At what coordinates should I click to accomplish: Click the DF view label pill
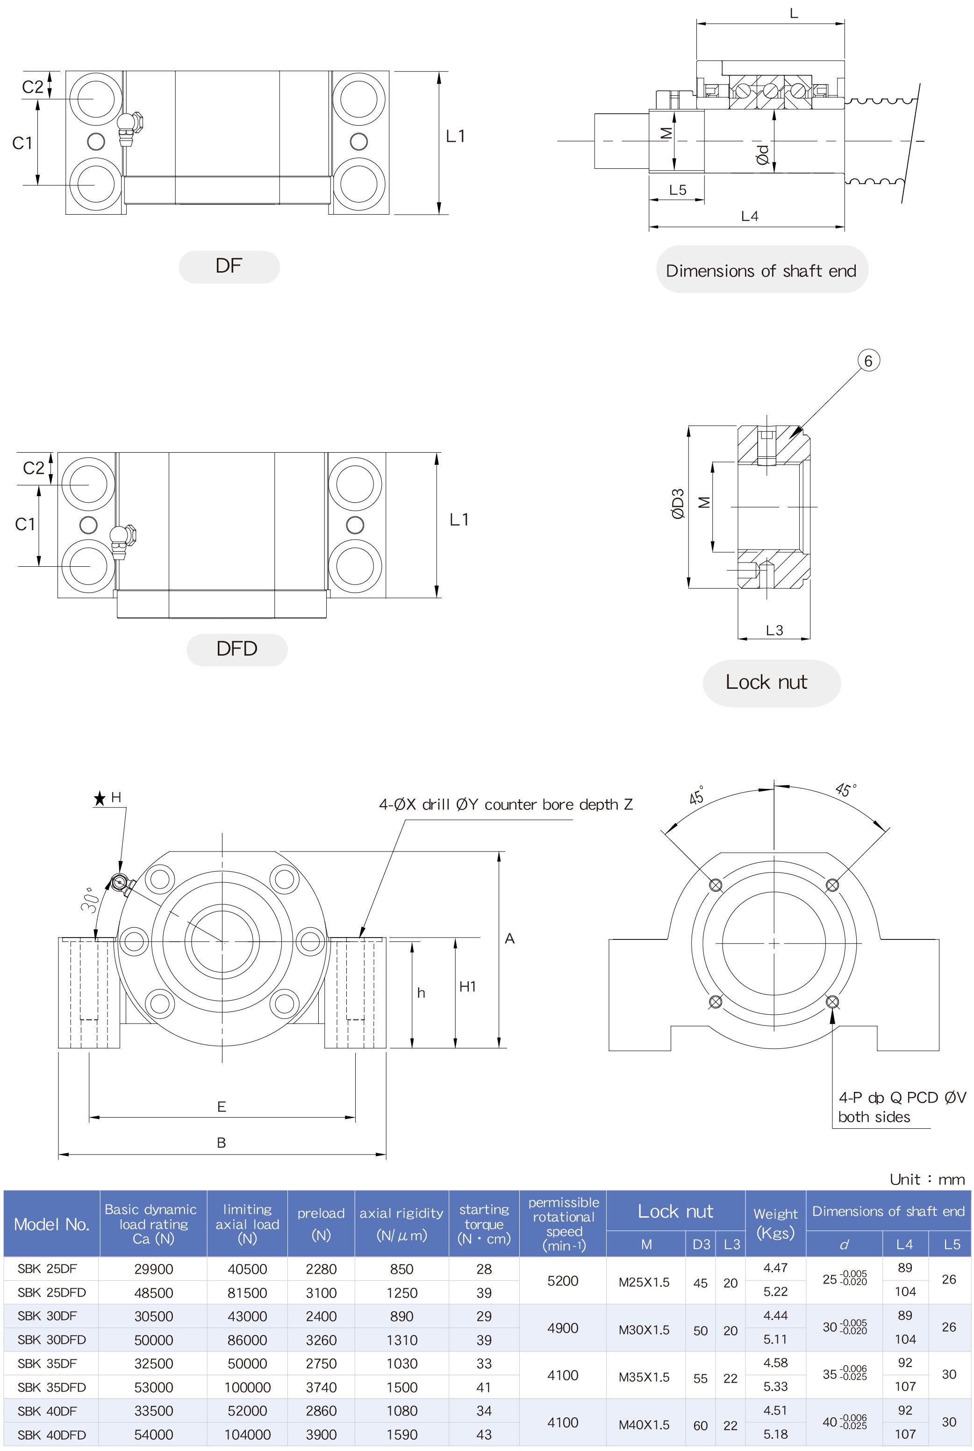pos(229,267)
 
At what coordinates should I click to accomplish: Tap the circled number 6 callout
pos(868,361)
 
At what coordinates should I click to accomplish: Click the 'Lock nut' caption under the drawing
pos(766,682)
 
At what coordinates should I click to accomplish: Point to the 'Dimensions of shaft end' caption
pos(761,271)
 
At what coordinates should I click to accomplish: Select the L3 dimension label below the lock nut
pos(774,630)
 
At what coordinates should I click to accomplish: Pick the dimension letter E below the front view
pos(221,1107)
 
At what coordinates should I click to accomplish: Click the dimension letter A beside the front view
pos(509,939)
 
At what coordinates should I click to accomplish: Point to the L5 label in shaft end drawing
pos(678,190)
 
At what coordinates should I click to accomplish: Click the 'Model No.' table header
pos(51,1224)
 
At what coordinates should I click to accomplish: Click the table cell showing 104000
pos(247,1435)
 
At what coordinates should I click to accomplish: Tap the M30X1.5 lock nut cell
pos(644,1330)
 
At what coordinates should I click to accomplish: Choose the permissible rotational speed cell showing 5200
pos(563,1281)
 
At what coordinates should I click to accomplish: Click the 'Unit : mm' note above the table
pos(927,1179)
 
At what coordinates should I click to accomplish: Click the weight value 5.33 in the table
pos(775,1387)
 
